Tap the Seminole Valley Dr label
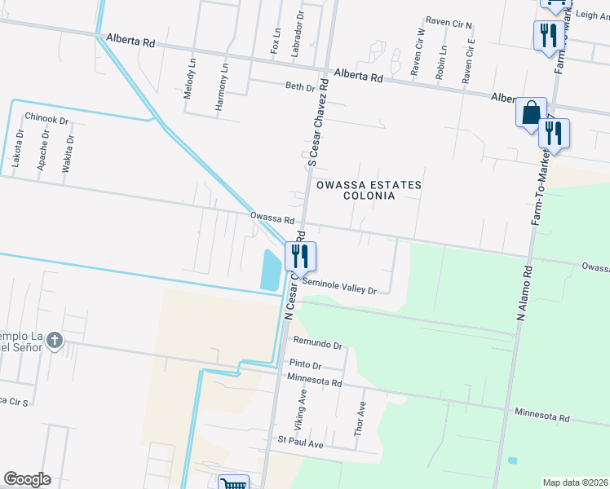tap(339, 285)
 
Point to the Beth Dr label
tap(299, 87)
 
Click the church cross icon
tap(54, 340)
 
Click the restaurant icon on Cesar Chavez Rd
tap(300, 257)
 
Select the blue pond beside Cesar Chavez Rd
tap(269, 270)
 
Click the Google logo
tap(27, 479)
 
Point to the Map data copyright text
tap(575, 482)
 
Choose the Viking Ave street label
tap(303, 409)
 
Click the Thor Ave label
tap(360, 417)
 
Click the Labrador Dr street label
tap(300, 33)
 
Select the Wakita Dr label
tap(69, 152)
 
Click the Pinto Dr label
tap(305, 365)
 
